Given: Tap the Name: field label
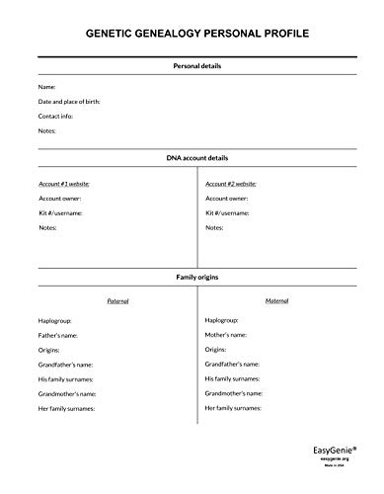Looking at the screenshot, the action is point(47,87).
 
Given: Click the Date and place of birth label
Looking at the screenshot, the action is point(69,102).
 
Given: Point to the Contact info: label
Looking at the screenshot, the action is point(58,116).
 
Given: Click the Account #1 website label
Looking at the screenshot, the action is point(64,184).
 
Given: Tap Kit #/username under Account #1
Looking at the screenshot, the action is point(60,212).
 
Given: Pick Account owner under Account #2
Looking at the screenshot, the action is point(228,198).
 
